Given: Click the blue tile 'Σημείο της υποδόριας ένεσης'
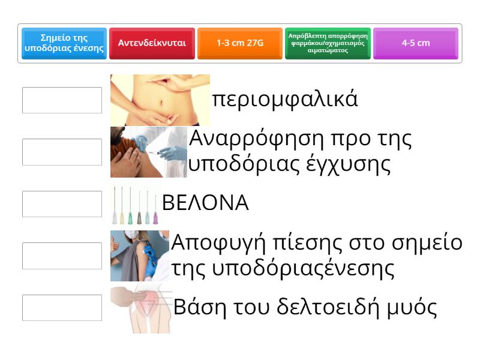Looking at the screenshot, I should (64, 43).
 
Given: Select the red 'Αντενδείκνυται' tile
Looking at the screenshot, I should (152, 43).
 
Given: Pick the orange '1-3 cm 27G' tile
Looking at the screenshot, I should (240, 43).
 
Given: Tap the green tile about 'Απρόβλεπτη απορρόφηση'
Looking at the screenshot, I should (328, 43).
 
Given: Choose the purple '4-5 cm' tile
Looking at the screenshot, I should (416, 43).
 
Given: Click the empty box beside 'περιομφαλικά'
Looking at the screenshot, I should (62, 100).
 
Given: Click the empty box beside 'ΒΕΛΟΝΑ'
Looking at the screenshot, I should (62, 204).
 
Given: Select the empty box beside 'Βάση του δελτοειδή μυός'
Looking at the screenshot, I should (62, 308).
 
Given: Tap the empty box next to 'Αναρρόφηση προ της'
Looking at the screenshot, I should (62, 152).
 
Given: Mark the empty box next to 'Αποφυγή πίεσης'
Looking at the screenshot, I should (62, 256).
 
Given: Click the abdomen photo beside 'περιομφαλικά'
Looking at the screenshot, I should (160, 100).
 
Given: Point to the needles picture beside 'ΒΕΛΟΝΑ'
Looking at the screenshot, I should (136, 204).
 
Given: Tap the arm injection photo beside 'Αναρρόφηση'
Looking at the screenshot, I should (149, 152).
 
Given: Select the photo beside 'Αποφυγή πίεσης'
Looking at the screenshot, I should (140, 256).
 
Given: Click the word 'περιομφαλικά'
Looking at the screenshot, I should (285, 100).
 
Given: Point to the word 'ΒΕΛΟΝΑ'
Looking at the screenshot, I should (205, 204).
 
